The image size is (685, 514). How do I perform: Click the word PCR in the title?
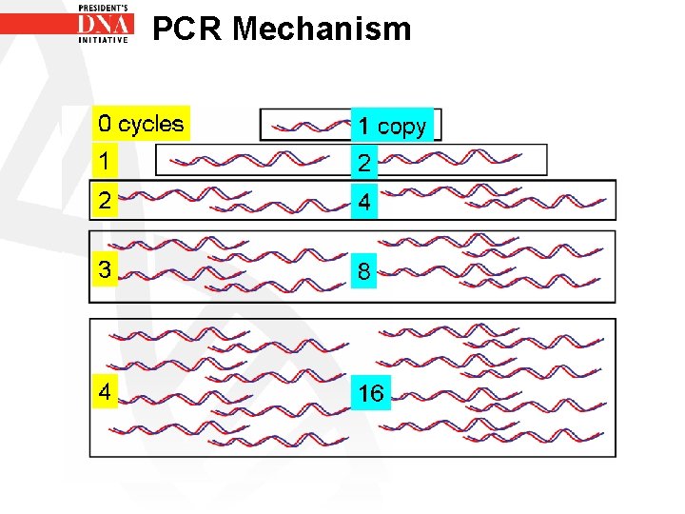click(186, 29)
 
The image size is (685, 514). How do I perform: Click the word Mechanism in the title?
click(322, 29)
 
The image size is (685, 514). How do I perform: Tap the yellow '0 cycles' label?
click(141, 124)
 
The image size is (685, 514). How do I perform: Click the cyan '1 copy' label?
click(392, 126)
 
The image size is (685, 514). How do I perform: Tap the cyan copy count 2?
click(364, 164)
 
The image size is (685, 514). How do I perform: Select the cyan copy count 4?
click(364, 203)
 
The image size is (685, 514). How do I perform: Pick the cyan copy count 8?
click(364, 272)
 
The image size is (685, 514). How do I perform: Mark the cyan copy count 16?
click(370, 392)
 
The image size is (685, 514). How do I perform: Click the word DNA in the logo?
click(105, 26)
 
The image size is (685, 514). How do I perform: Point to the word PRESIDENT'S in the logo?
click(105, 7)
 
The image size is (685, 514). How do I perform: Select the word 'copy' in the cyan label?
click(401, 127)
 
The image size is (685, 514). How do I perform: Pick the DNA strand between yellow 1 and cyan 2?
click(256, 160)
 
